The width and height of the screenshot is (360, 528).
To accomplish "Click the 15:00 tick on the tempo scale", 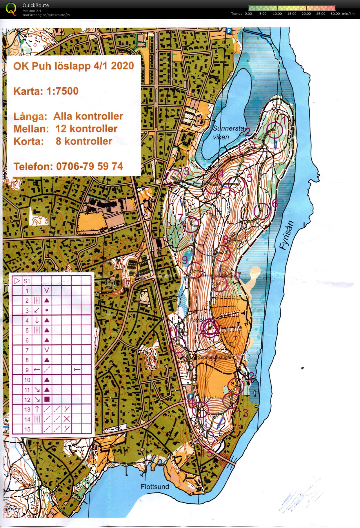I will coord(292,14).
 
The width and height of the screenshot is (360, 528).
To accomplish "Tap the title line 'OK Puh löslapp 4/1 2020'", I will coord(74,66).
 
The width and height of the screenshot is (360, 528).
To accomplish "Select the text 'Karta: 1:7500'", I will coord(46,91).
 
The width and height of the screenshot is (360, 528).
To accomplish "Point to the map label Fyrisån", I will coord(287,235).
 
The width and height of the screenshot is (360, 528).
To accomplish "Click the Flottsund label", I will coord(155,487).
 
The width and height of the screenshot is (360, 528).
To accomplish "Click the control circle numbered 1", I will coord(274,130).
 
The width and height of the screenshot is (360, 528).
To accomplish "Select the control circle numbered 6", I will coord(262,211).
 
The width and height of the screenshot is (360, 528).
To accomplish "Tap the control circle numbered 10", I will coord(219,284).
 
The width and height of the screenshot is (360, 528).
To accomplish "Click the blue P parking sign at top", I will coord(229,30).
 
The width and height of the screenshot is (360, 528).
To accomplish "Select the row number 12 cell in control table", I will coord(27,399).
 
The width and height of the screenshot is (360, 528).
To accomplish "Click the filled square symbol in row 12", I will coord(47,399).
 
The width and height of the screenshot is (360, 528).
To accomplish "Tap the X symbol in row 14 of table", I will coord(67,419).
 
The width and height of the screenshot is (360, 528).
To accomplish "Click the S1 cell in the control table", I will coord(27,281).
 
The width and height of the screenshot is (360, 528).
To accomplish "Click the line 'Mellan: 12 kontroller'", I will coord(66,129).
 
